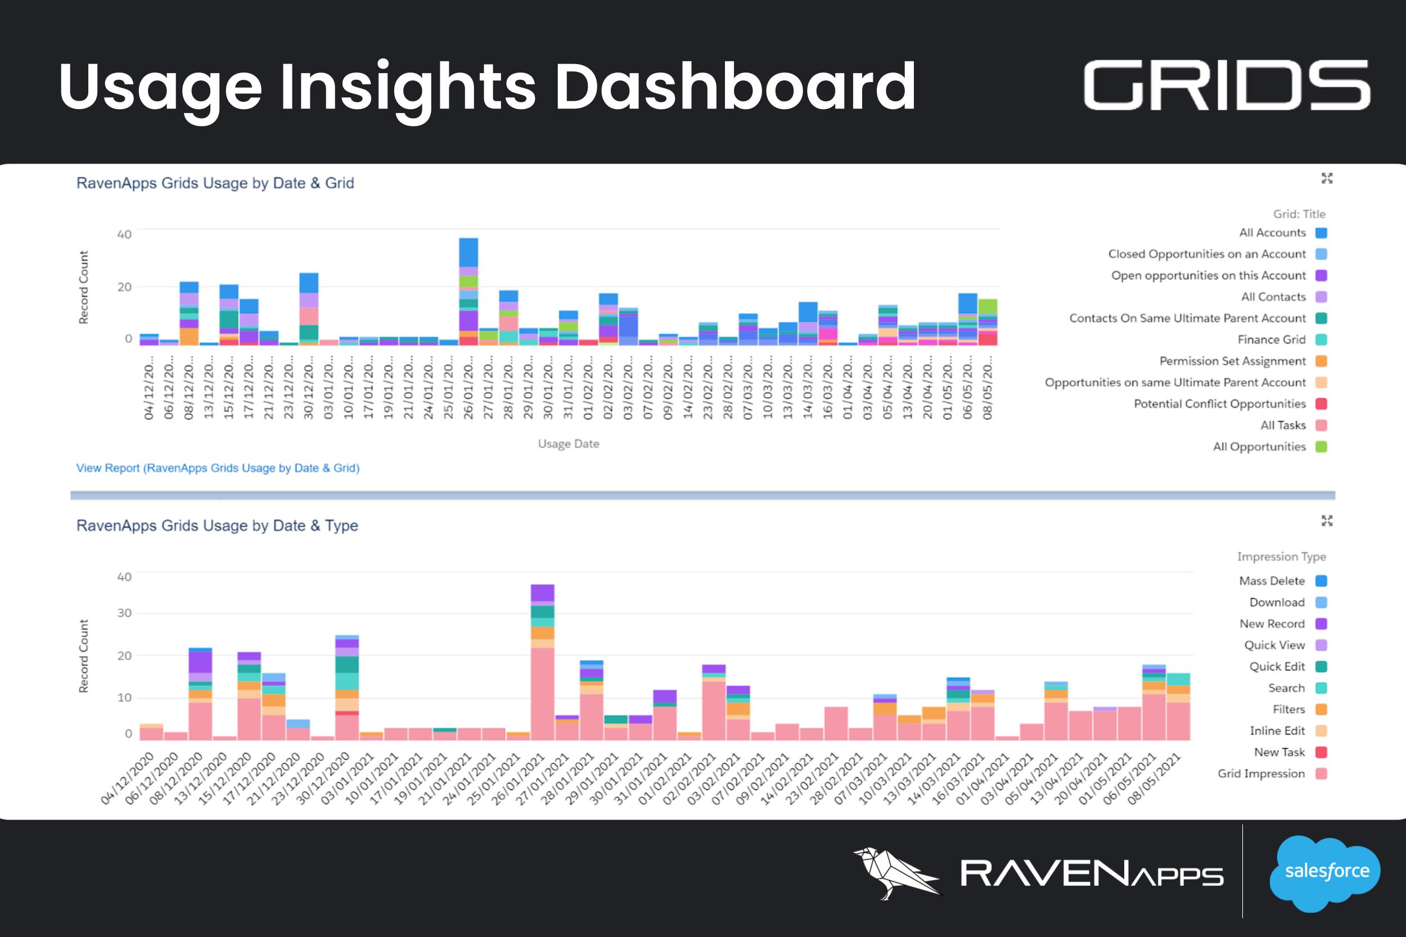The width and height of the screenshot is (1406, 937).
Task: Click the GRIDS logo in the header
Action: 1227,85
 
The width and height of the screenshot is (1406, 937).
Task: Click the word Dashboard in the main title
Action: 735,87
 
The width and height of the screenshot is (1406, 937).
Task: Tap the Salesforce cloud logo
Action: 1327,872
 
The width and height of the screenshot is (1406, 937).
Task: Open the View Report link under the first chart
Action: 218,468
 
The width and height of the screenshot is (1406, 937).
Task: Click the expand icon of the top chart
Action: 1327,178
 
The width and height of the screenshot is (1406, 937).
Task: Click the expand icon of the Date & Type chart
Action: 1327,520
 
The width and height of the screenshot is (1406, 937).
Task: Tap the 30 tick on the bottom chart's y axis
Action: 124,613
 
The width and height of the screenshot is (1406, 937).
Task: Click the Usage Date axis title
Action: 568,444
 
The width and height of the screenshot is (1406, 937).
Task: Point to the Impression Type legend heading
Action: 1281,556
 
